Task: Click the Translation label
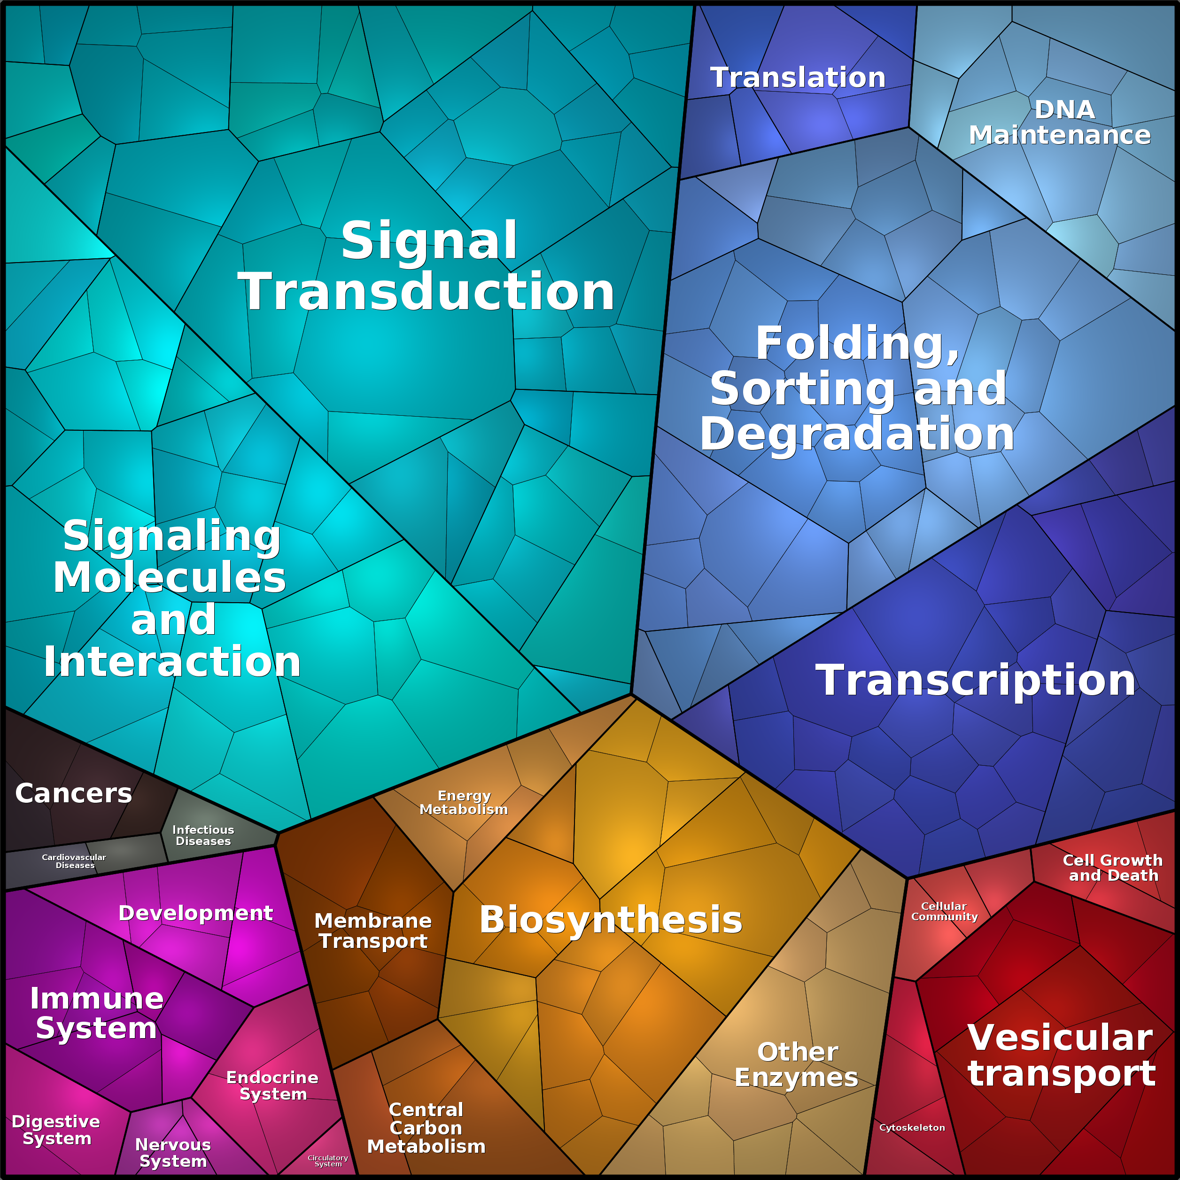[x=798, y=78]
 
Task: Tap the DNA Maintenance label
[x=1060, y=122]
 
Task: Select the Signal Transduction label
[x=427, y=266]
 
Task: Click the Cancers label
[x=73, y=793]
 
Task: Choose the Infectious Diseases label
[x=203, y=835]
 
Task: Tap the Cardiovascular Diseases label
[x=74, y=861]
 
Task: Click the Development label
[x=195, y=913]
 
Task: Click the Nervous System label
[x=173, y=1152]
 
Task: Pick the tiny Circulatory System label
[x=328, y=1160]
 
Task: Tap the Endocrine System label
[x=272, y=1085]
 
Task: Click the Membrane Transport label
[x=373, y=931]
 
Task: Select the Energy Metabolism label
[x=464, y=802]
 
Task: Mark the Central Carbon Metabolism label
[x=427, y=1128]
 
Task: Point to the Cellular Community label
[x=944, y=911]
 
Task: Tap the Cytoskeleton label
[x=912, y=1127]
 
